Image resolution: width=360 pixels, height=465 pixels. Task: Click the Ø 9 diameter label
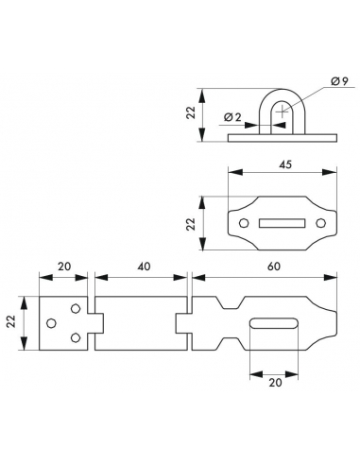(x=339, y=81)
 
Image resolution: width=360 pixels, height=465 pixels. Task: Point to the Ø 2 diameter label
(x=232, y=117)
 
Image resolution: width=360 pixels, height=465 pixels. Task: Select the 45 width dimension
(x=285, y=164)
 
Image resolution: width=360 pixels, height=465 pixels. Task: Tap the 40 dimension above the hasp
(x=144, y=267)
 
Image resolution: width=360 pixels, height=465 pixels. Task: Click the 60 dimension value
(x=274, y=267)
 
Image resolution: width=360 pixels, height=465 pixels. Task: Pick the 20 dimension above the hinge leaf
(x=64, y=267)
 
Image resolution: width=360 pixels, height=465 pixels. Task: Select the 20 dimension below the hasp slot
(x=275, y=383)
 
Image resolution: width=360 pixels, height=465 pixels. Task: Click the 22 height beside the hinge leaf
(x=11, y=321)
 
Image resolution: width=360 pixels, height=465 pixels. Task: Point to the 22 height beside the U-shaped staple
(x=191, y=112)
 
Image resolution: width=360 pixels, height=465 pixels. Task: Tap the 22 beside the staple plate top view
(x=191, y=224)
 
